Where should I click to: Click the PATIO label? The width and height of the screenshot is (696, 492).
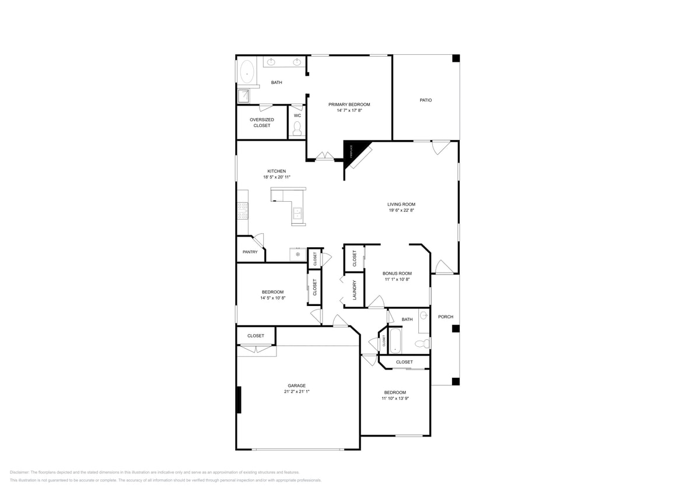click(425, 100)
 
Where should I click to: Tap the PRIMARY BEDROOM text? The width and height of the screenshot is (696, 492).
click(349, 104)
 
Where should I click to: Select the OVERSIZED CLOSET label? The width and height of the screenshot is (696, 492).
click(262, 122)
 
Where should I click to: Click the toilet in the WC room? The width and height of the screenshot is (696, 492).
click(297, 128)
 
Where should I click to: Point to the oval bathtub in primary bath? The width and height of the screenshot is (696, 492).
click(247, 73)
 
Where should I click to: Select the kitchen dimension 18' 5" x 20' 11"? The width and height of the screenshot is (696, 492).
click(277, 177)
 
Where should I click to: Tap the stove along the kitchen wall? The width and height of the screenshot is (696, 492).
click(243, 210)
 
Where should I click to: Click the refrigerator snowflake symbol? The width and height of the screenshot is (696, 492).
click(298, 255)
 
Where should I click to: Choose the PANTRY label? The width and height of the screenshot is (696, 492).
click(250, 252)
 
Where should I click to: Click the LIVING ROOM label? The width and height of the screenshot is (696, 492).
click(401, 204)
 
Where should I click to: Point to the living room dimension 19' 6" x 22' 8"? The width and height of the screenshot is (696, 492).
click(401, 210)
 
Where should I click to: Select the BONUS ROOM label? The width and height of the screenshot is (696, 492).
click(397, 273)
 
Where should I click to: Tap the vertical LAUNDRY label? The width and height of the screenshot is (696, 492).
click(354, 290)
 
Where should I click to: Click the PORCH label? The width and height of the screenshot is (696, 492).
click(445, 317)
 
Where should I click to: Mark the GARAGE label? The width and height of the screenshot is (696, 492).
click(296, 385)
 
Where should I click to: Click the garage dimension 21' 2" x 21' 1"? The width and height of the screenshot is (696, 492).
click(296, 392)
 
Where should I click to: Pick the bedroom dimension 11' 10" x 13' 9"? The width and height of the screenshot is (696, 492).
click(394, 399)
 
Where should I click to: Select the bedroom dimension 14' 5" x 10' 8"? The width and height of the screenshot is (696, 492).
click(272, 298)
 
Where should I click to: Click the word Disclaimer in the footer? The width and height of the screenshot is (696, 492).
click(19, 472)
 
